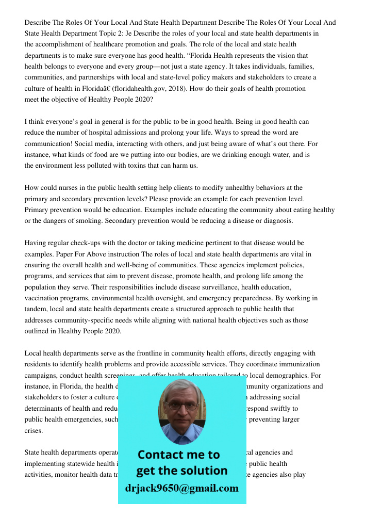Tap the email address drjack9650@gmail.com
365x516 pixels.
click(x=181, y=488)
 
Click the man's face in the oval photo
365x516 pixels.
click(x=181, y=408)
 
